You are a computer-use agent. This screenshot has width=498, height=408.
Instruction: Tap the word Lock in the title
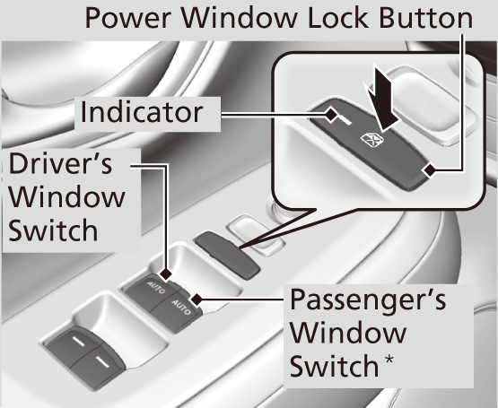338,18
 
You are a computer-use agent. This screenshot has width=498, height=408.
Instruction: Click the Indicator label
142,112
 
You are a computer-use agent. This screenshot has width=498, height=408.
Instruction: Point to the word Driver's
60,164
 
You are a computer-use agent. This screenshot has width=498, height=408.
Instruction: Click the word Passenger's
368,299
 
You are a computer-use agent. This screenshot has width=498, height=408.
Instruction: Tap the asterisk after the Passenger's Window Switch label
389,360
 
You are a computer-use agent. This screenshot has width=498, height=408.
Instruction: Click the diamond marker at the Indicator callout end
331,115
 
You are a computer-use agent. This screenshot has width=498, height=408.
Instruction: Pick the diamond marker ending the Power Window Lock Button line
430,170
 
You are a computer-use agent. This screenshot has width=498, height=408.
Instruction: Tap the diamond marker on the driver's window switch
166,274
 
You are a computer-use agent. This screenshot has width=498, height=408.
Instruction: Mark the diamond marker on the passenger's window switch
197,299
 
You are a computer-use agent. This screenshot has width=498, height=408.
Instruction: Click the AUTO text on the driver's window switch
156,287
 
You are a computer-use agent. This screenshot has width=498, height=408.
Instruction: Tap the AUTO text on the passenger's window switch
181,307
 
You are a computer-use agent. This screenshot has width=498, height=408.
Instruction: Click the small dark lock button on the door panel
227,255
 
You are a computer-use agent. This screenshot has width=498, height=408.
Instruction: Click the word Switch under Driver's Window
53,230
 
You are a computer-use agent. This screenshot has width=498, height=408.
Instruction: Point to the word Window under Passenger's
349,333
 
